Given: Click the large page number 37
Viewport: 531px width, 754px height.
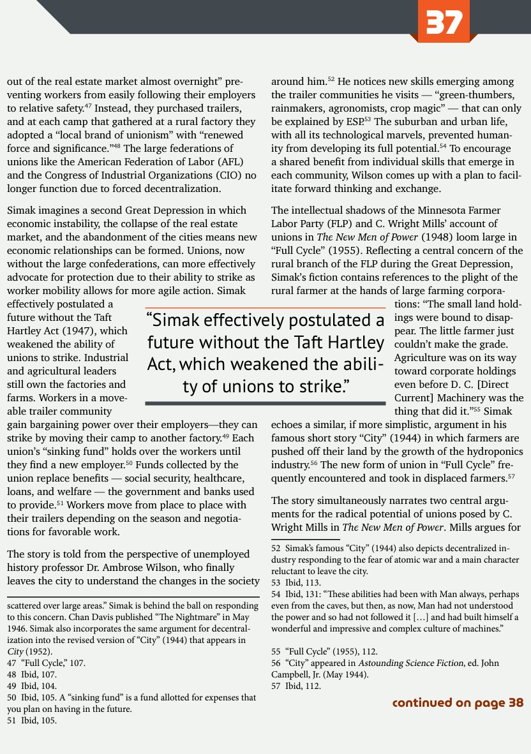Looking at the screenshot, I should click(445, 22).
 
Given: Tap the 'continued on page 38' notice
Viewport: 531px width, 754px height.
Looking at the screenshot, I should click(457, 702).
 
